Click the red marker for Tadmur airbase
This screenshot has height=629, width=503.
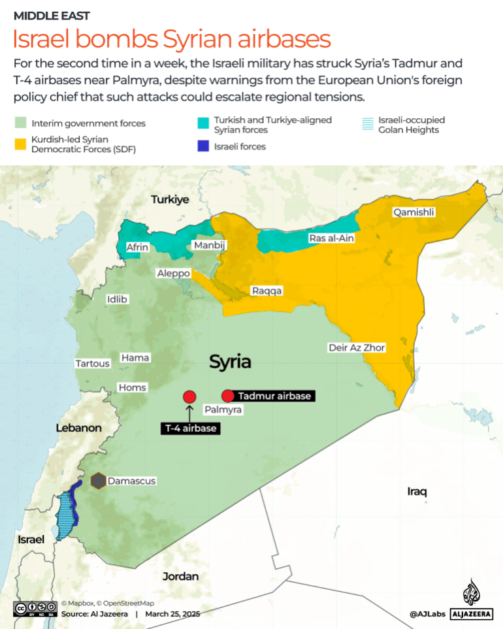[x=227, y=396]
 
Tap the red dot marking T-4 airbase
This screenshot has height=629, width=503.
[x=189, y=396]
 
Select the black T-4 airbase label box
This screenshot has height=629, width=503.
[x=189, y=428]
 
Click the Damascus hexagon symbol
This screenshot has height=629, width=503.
[x=98, y=481]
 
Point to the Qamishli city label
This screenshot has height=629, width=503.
[x=413, y=212]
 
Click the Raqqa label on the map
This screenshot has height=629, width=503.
[x=267, y=291]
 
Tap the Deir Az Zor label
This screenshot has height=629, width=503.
[x=357, y=347]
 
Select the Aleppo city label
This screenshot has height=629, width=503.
[x=173, y=274]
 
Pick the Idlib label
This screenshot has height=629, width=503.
[x=118, y=299]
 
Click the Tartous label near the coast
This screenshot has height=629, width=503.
[x=92, y=363]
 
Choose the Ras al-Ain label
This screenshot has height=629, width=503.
[x=331, y=238]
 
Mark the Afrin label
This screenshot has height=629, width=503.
[x=138, y=247]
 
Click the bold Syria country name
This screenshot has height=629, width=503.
[x=230, y=363]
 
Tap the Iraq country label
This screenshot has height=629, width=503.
[x=417, y=491]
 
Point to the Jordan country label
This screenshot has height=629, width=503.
[x=180, y=576]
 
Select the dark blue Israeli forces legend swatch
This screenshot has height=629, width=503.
[x=203, y=146]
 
